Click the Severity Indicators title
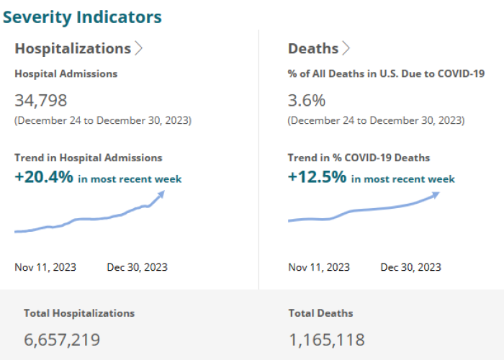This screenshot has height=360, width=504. pyautogui.click(x=82, y=17)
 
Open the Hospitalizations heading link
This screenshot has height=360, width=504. pyautogui.click(x=73, y=48)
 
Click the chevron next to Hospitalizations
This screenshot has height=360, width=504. pyautogui.click(x=139, y=48)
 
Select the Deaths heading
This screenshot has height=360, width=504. pyautogui.click(x=313, y=48)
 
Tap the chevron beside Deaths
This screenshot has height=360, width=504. pyautogui.click(x=346, y=48)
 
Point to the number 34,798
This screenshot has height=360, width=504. pyautogui.click(x=41, y=100)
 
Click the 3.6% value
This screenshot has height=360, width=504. pyautogui.click(x=307, y=100)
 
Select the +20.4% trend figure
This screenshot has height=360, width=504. pyautogui.click(x=44, y=177)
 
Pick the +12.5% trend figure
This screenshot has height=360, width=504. pyautogui.click(x=318, y=177)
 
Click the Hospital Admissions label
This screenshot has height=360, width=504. pyautogui.click(x=66, y=73)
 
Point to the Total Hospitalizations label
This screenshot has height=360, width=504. pyautogui.click(x=79, y=313)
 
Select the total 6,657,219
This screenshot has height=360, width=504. pyautogui.click(x=62, y=339)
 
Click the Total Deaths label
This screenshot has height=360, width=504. pyautogui.click(x=321, y=313)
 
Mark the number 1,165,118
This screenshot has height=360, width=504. pyautogui.click(x=327, y=339)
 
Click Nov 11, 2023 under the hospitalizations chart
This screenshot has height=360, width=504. pyautogui.click(x=45, y=267)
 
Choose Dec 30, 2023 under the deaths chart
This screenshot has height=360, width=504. pyautogui.click(x=411, y=267)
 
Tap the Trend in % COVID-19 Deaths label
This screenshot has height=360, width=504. pyautogui.click(x=359, y=158)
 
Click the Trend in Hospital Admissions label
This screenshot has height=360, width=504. pyautogui.click(x=89, y=158)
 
